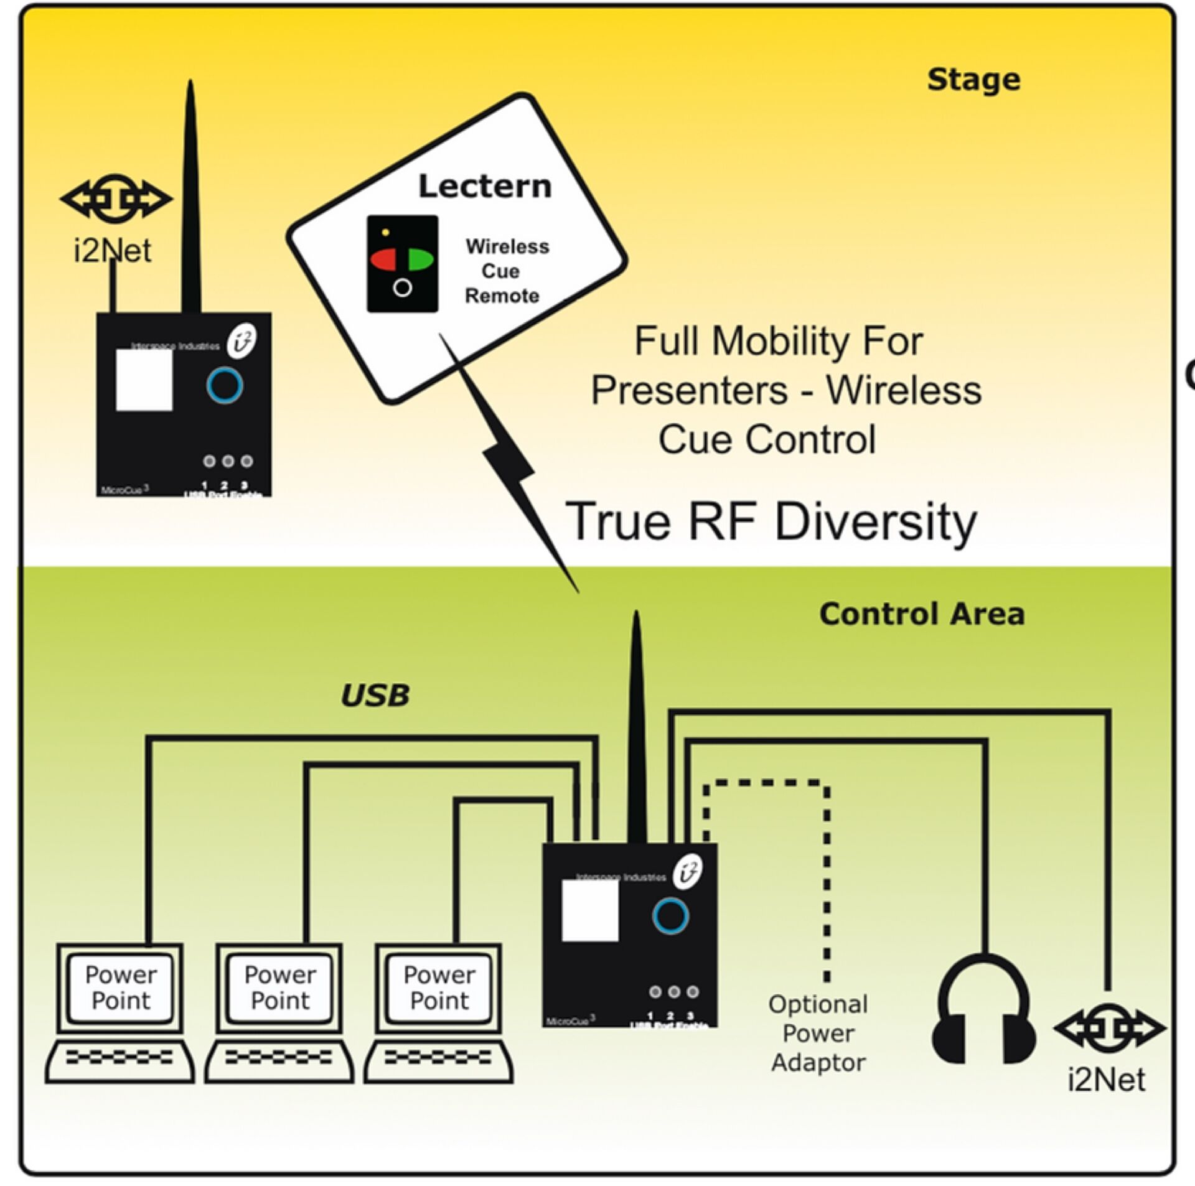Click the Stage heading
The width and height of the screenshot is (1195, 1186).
pyautogui.click(x=973, y=80)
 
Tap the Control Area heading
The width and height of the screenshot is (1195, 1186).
pyautogui.click(x=921, y=614)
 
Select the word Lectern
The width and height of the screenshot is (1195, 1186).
pyautogui.click(x=485, y=186)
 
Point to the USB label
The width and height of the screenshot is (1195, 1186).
pyautogui.click(x=375, y=695)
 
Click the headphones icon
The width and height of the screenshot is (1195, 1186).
pyautogui.click(x=983, y=1013)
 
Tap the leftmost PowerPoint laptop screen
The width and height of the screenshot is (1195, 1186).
pyautogui.click(x=121, y=988)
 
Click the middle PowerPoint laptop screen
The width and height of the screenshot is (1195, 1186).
pyautogui.click(x=280, y=988)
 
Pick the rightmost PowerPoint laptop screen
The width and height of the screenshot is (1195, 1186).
pyautogui.click(x=439, y=988)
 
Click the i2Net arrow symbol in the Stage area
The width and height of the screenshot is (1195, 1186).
pyautogui.click(x=116, y=199)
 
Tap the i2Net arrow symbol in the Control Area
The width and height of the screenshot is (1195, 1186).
pyautogui.click(x=1109, y=1029)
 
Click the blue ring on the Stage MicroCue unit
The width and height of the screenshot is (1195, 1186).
pyautogui.click(x=225, y=386)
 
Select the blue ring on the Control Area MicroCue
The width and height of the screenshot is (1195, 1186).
pyautogui.click(x=670, y=916)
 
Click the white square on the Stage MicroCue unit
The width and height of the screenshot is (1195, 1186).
pyautogui.click(x=144, y=380)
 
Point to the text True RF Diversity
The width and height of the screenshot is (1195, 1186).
pyautogui.click(x=771, y=521)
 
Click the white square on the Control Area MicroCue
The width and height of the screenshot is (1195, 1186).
pyautogui.click(x=590, y=910)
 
